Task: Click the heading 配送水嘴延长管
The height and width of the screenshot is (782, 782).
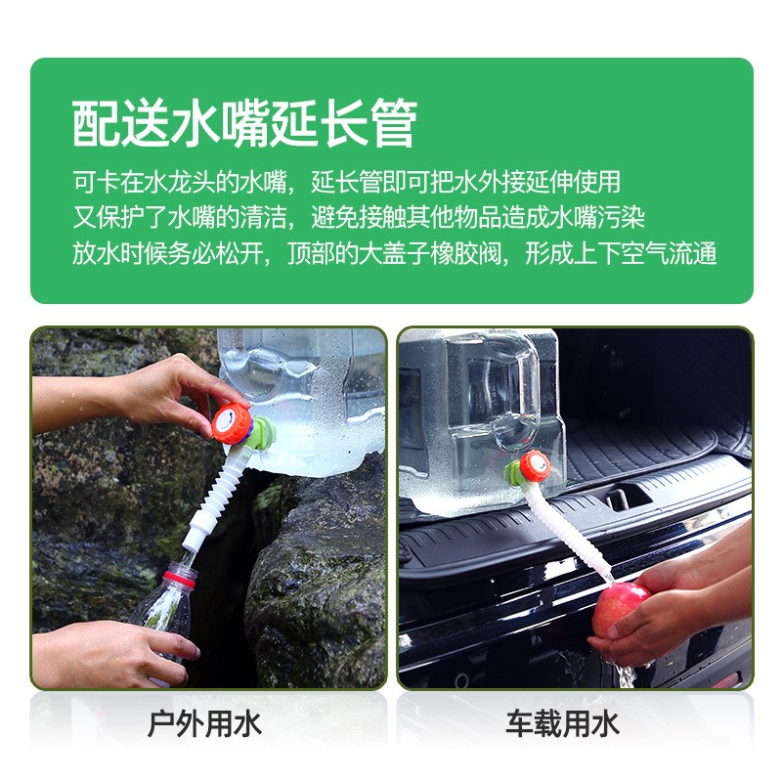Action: point(244,122)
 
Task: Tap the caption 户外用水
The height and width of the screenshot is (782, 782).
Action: point(204,724)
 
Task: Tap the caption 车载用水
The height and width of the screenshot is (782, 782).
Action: point(562,724)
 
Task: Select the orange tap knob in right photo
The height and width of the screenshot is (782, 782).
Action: point(533,465)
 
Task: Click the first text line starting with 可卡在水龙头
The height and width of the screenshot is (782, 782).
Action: point(346,182)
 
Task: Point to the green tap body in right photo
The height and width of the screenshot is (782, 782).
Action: point(514,476)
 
